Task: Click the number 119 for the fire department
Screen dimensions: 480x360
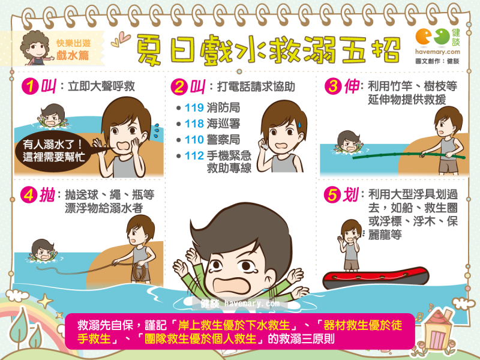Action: coord(194,108)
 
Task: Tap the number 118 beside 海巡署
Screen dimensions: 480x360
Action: coord(194,124)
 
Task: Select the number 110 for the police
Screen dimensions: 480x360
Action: coord(194,140)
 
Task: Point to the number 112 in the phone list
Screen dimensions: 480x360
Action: coord(194,155)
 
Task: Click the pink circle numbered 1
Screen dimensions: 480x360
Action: coord(30,86)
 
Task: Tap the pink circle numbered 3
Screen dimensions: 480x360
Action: coord(333,86)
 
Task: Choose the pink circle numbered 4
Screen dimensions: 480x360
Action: coord(29,194)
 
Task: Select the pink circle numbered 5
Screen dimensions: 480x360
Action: coord(332,194)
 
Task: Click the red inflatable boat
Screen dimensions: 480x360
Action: coord(376,278)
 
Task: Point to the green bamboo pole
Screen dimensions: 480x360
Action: coord(409,155)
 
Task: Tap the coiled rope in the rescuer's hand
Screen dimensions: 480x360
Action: coord(139,272)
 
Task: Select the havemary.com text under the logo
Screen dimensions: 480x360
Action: coord(437,52)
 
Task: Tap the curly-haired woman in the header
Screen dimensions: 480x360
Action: coord(36,48)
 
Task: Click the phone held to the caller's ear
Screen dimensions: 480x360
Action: coord(264,145)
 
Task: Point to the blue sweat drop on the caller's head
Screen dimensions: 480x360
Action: coord(299,124)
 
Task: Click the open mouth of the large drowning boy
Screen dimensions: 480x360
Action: coord(232,286)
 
